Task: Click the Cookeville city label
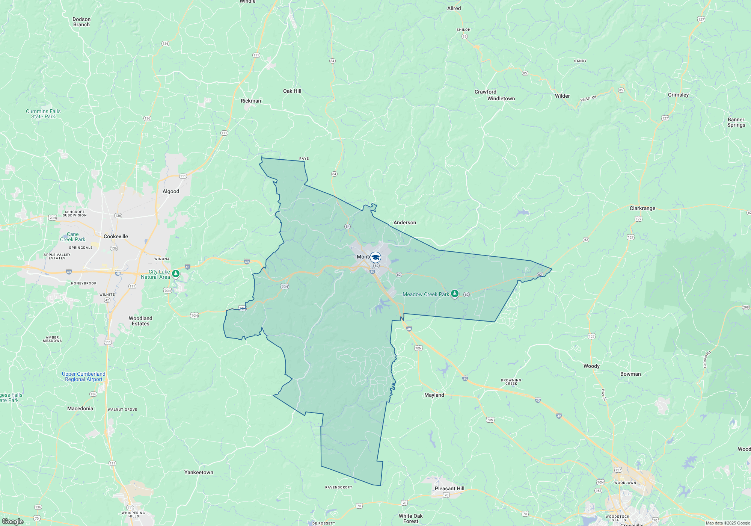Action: [116, 236]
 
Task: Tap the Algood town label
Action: [171, 191]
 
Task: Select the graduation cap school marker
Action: [375, 257]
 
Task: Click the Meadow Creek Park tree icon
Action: [455, 294]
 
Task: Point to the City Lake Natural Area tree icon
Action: [176, 273]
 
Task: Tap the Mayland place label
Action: [434, 395]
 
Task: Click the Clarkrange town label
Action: [642, 208]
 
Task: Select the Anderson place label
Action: [404, 222]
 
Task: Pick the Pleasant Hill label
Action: [449, 488]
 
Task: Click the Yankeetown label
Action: [199, 472]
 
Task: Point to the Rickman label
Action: [250, 101]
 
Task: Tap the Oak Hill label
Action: [292, 91]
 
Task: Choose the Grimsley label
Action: [678, 95]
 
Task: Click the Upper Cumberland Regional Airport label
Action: [83, 376]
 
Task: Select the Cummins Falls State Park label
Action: [43, 114]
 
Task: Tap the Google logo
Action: [12, 521]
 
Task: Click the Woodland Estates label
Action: [140, 321]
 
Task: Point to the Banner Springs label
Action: [736, 122]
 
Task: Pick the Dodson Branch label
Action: [81, 22]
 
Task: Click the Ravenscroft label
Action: [339, 487]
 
